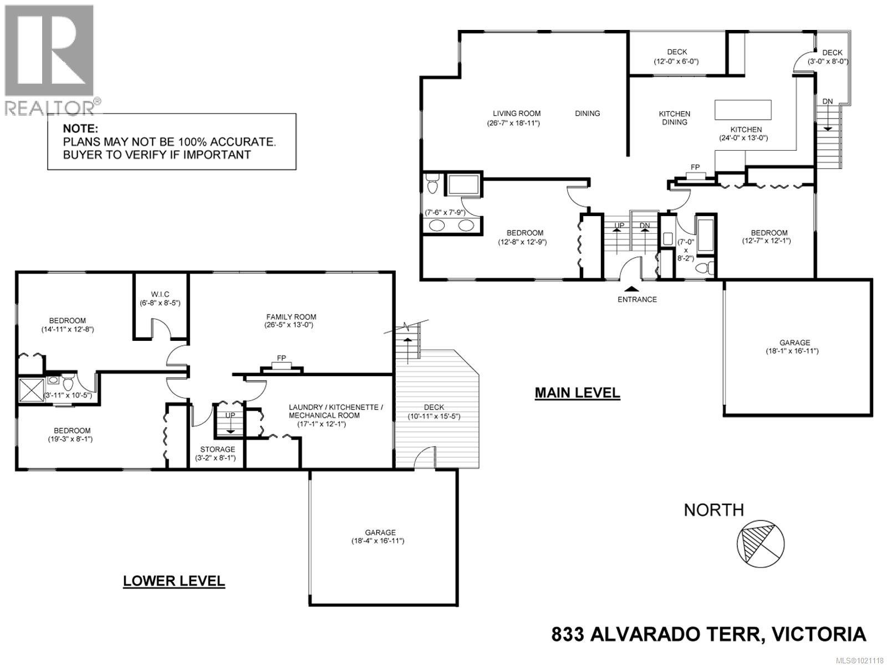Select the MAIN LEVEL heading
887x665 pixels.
[x=577, y=393]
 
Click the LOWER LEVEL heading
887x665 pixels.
[x=174, y=581]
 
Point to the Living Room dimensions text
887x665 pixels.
[x=509, y=123]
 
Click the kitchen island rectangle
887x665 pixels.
[x=743, y=110]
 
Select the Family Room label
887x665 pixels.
[x=291, y=317]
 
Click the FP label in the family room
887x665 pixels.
[x=282, y=359]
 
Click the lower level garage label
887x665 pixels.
[x=380, y=532]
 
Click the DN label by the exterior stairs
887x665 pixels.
[x=827, y=101]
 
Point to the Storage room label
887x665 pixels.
[x=218, y=449]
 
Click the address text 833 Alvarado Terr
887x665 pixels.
[x=708, y=634]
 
